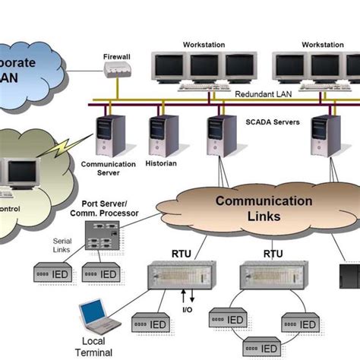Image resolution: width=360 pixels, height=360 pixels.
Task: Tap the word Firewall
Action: coord(116,55)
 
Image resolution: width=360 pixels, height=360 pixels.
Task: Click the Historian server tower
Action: coord(164,135)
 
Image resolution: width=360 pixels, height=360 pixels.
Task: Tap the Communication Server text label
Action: coord(108,168)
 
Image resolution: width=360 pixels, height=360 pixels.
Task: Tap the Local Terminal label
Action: coord(94,346)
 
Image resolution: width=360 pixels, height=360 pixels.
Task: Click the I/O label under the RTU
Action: coord(188,309)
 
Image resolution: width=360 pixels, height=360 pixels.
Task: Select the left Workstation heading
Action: coord(204,45)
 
